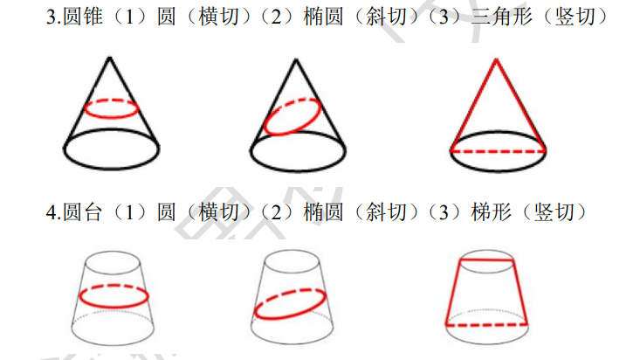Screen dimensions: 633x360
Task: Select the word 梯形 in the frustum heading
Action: pos(491,212)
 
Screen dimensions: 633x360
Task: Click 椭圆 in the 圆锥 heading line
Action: pos(323,17)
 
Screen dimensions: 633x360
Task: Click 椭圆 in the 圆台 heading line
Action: pos(323,212)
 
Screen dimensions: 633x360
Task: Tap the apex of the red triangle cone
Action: pos(496,59)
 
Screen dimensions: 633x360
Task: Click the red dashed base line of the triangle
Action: pos(499,151)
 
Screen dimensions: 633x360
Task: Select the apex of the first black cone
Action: pos(109,58)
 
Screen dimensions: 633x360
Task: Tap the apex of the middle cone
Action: pos(296,59)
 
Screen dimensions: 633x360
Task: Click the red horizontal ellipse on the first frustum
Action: pos(114,307)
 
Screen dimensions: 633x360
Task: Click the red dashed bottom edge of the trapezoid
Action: pos(486,324)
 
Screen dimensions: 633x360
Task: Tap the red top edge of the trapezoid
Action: pos(487,260)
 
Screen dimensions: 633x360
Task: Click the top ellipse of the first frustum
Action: pos(113,253)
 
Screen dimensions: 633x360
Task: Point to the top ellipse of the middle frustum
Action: pos(292,251)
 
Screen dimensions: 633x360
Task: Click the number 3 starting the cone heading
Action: pos(51,17)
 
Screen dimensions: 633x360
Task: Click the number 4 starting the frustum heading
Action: pos(51,213)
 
